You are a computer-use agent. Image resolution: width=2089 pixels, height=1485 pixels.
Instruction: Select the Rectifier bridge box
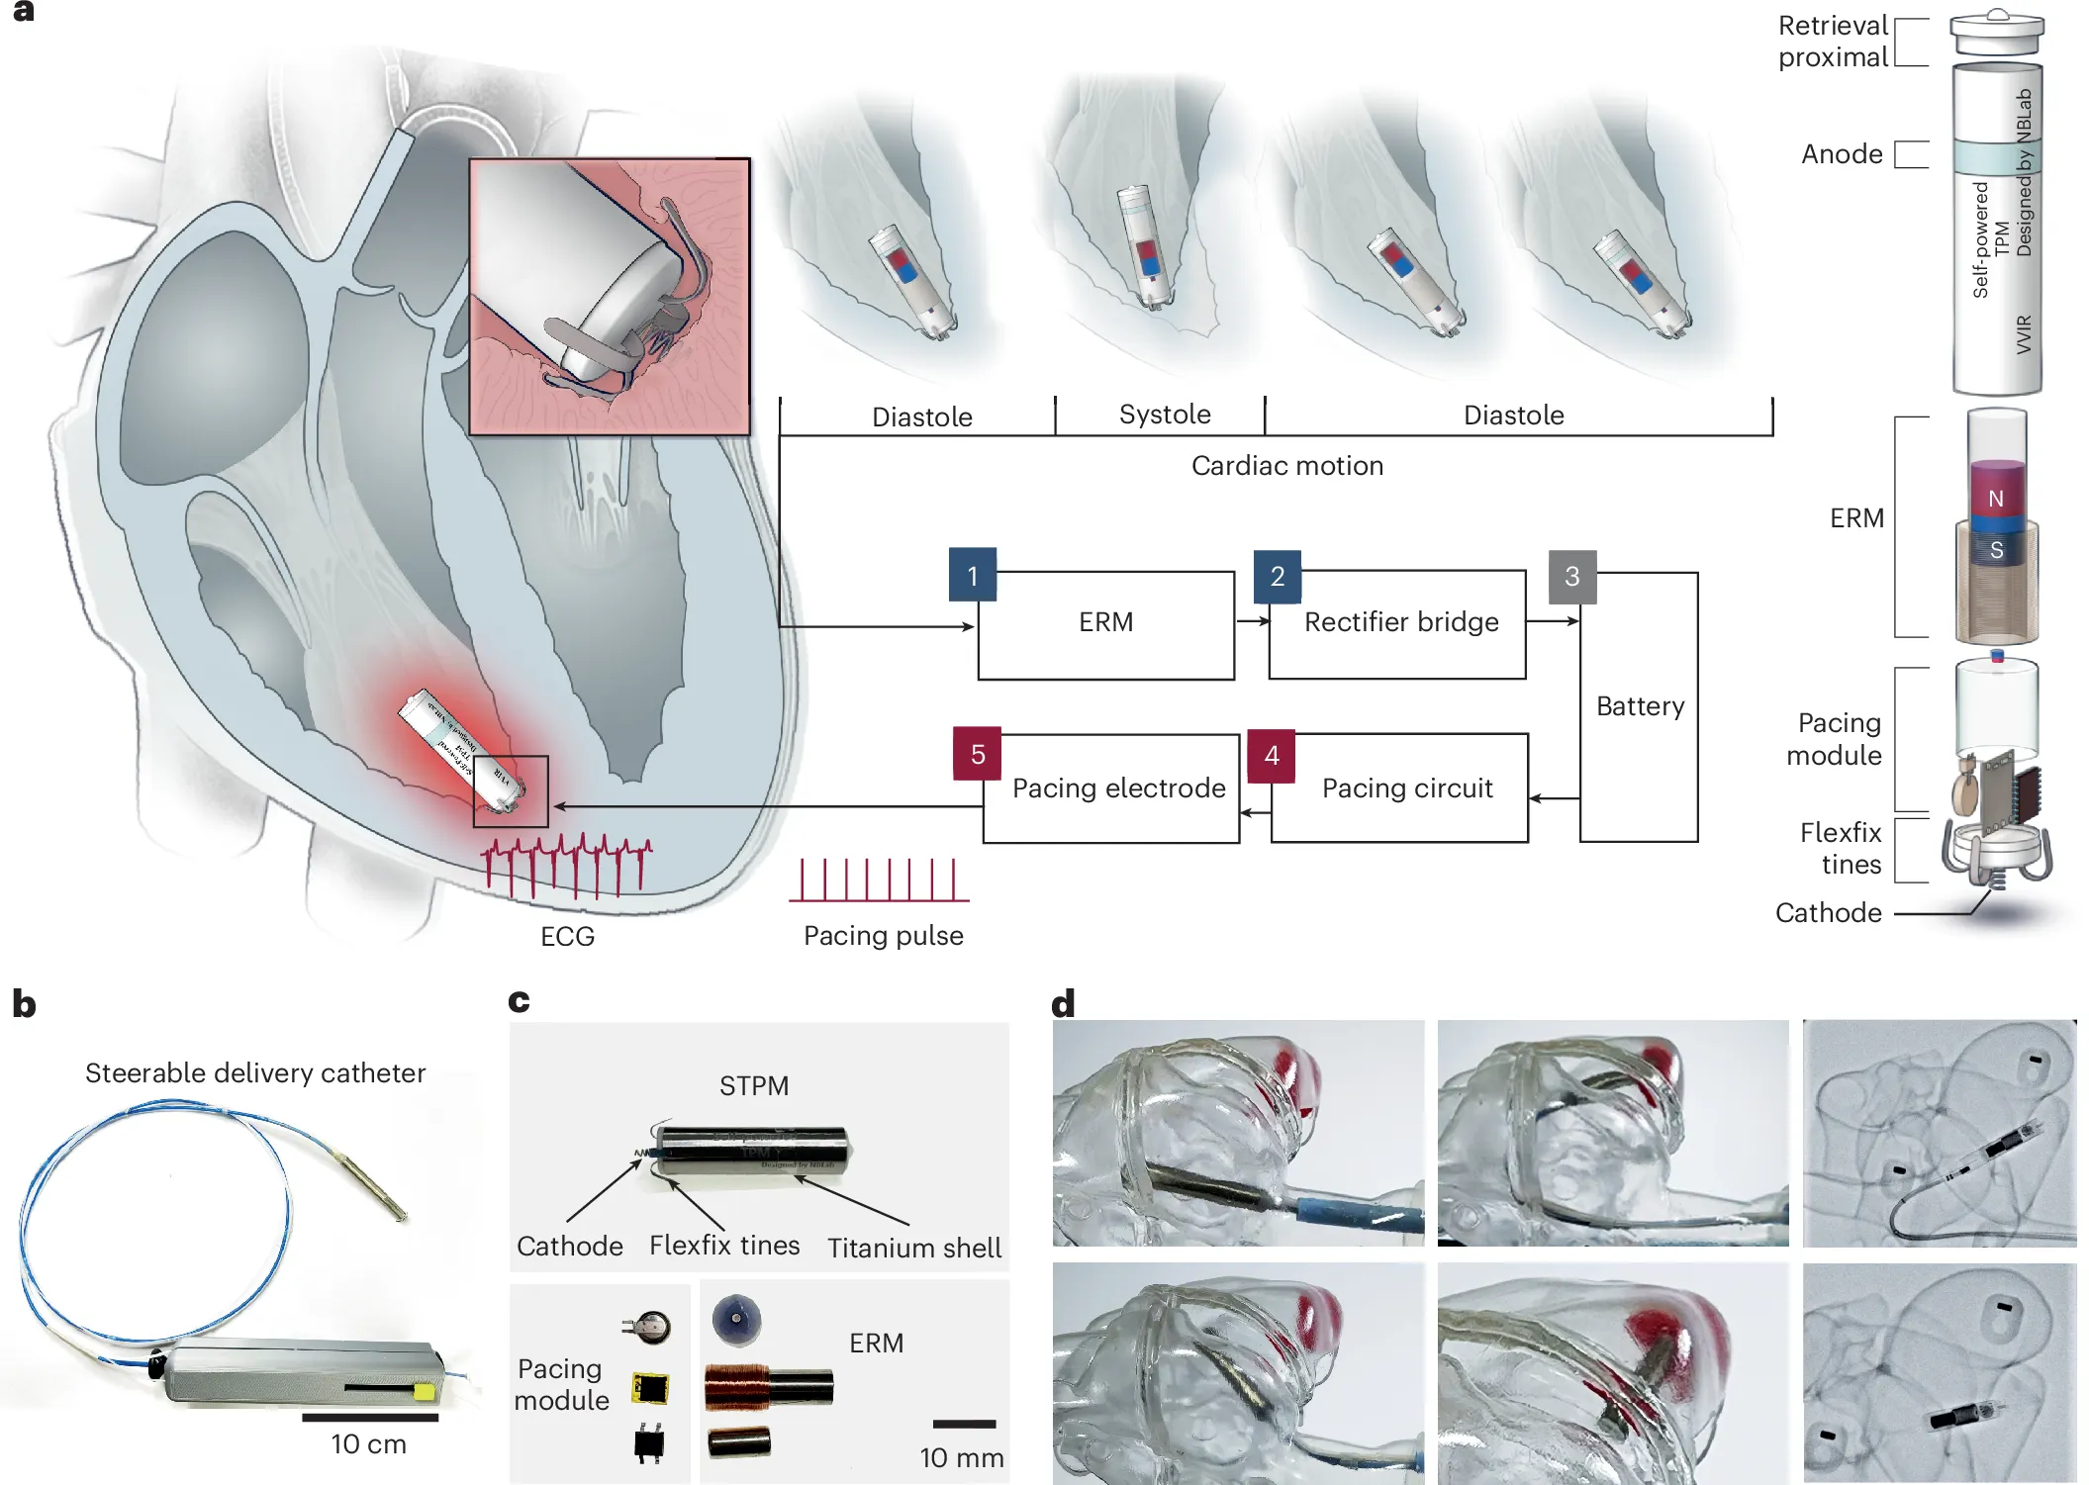1397,624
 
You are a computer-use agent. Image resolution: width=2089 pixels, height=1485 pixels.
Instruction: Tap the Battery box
1639,707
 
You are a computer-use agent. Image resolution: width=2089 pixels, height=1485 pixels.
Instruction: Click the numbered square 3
1571,577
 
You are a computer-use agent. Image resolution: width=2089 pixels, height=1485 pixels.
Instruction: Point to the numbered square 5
977,754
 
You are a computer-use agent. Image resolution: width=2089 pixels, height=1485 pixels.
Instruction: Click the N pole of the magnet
1996,498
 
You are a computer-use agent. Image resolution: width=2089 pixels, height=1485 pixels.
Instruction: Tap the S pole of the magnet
1996,550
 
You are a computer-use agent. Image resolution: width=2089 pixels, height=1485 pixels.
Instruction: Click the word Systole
1164,415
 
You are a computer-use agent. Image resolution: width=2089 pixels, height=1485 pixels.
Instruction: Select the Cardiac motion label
1286,466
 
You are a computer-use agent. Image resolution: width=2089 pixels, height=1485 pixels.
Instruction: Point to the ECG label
567,937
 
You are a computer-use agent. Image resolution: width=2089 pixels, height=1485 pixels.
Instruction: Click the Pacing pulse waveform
879,880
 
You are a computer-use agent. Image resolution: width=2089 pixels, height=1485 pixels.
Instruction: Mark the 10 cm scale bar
369,1418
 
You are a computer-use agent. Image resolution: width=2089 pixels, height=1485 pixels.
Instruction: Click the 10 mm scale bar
964,1424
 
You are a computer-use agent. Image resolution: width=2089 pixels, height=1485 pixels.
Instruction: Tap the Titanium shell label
914,1249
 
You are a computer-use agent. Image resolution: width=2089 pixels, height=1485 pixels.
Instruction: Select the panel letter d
1063,1004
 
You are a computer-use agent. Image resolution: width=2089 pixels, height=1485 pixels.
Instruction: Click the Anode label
1841,154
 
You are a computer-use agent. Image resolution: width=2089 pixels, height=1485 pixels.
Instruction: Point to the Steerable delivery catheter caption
255,1073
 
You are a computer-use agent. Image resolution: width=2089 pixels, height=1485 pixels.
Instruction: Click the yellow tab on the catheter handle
424,1393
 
